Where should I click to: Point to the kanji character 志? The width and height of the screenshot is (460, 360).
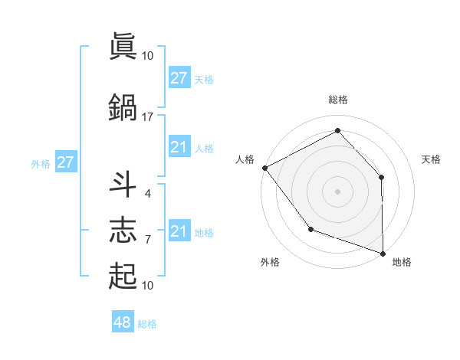coord(123,230)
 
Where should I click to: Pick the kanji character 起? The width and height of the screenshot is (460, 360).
coord(123,276)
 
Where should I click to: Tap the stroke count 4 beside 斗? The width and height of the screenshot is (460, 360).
coord(147,193)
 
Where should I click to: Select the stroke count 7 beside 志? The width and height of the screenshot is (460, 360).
coord(147,240)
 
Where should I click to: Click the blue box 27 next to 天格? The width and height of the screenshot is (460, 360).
coord(179,78)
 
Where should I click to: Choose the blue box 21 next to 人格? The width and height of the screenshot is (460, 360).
coord(179,148)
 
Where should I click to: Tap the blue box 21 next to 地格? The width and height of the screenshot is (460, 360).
coord(179,231)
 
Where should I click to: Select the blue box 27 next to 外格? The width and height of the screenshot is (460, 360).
coord(65,162)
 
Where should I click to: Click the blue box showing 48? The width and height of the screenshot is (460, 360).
coord(123,322)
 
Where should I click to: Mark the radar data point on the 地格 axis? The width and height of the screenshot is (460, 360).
coord(383,253)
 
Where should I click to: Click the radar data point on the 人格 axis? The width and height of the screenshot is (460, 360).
coord(264,167)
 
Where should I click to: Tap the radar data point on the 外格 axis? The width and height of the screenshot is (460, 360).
coord(310,229)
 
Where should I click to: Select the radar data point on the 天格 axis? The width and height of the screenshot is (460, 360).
coord(382,177)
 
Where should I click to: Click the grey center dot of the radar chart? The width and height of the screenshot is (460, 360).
coord(337,191)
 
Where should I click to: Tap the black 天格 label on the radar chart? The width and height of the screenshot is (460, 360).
coord(431,159)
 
